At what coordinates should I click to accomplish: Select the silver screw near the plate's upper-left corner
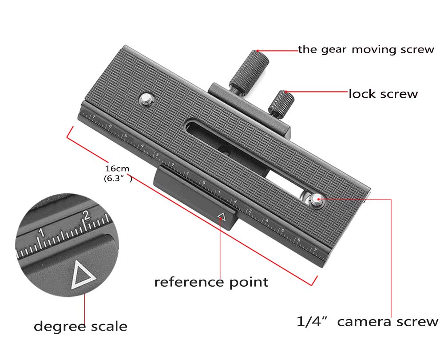click(x=147, y=96)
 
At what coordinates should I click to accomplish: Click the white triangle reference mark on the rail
click(x=222, y=217)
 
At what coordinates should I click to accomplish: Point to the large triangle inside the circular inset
click(x=83, y=274)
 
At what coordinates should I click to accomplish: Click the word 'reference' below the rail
click(x=189, y=282)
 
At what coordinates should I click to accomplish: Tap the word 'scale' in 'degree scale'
click(x=109, y=327)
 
